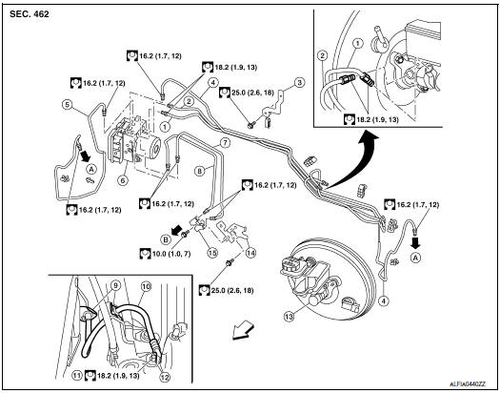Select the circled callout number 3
tap(299, 83)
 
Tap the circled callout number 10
tap(146, 285)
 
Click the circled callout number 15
tap(213, 252)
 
